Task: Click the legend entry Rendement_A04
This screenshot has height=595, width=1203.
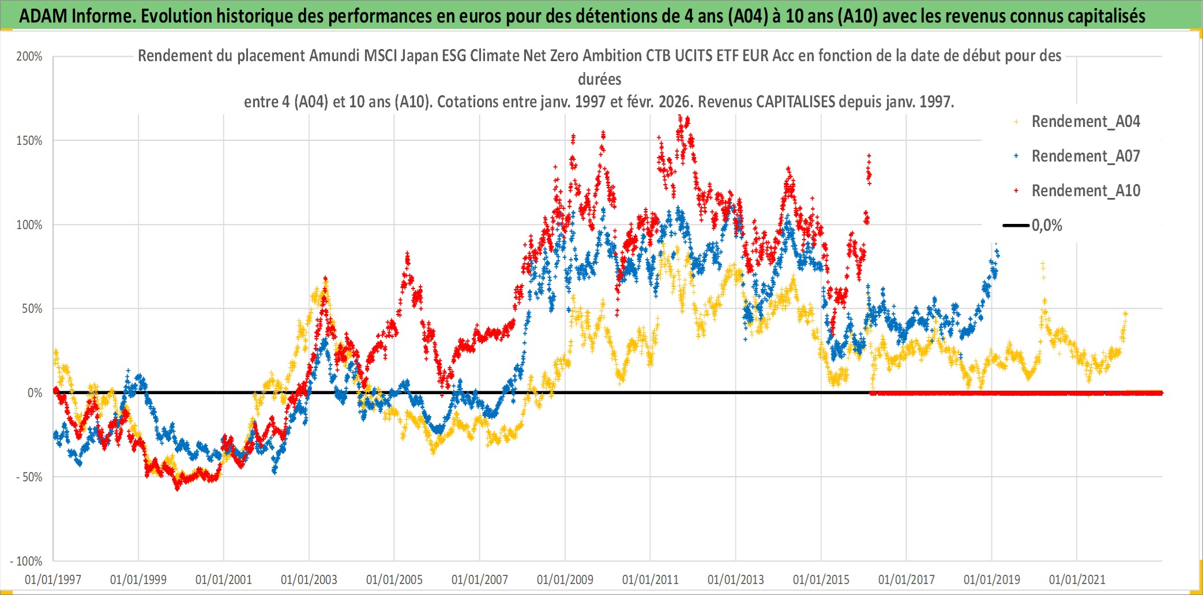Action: [1085, 122]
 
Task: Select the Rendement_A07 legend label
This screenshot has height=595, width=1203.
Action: [1085, 156]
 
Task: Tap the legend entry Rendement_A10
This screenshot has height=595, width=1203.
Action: [1085, 191]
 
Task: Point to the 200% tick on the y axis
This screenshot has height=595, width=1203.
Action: [29, 57]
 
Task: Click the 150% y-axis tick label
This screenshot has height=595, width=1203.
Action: [29, 141]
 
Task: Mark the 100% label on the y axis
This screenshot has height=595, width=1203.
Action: [29, 225]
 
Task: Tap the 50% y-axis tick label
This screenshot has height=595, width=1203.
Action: [32, 309]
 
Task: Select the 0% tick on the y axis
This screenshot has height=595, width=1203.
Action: [35, 393]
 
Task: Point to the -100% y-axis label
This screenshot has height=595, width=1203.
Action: [27, 561]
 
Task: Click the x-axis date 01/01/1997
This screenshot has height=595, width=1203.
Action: [53, 579]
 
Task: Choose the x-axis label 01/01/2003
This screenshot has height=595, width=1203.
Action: [309, 579]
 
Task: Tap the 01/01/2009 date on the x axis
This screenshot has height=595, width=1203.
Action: [565, 579]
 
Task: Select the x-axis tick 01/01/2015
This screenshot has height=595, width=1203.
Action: [821, 579]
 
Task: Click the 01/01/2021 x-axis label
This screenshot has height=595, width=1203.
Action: [1077, 579]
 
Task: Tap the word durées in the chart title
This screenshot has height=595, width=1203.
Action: [600, 79]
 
